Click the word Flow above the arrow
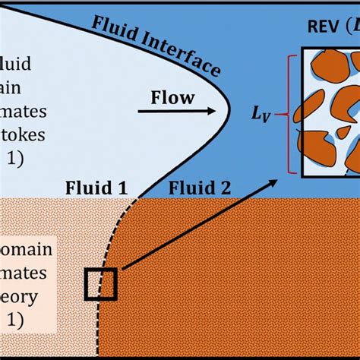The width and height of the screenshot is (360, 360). pyautogui.click(x=172, y=97)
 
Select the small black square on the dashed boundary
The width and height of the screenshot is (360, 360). pyautogui.click(x=99, y=285)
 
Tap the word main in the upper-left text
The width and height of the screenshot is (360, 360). pyautogui.click(x=18, y=85)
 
